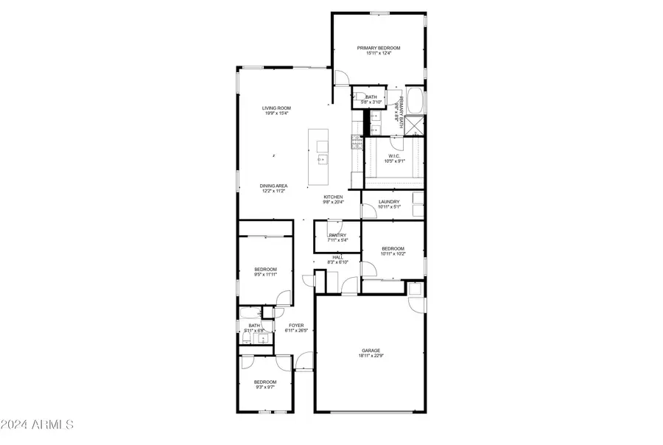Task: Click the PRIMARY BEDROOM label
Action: [378, 47]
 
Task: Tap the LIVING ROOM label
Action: [276, 108]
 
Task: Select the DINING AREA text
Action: [273, 186]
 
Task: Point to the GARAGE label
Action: [370, 350]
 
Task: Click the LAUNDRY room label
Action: [389, 202]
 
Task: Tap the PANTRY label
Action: [337, 236]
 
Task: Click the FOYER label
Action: [295, 325]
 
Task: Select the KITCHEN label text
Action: [334, 197]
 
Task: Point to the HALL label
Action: [337, 257]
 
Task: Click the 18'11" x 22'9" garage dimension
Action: [370, 356]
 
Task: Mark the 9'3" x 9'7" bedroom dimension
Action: [265, 387]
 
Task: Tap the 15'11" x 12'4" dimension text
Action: [378, 53]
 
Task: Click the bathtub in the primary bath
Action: [415, 99]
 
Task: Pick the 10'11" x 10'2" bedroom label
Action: [393, 254]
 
